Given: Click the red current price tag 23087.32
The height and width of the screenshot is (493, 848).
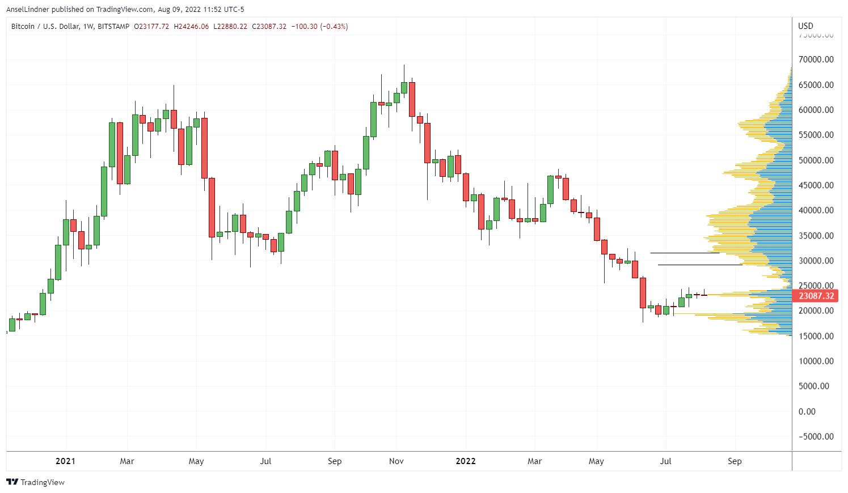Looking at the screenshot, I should (816, 296).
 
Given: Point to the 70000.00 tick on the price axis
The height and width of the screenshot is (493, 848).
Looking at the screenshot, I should (816, 59).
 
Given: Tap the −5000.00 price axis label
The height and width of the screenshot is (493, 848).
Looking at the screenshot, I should (816, 436).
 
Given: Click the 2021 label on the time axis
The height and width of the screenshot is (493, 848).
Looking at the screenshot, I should (65, 461).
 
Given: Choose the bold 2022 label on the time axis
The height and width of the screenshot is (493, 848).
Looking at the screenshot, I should (466, 461).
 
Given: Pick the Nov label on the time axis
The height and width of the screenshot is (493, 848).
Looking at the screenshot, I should (396, 461).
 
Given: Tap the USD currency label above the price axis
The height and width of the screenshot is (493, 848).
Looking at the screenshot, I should (805, 25).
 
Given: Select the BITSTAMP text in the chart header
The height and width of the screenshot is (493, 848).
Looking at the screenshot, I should (113, 27).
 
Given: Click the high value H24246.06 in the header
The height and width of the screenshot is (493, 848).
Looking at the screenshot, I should (191, 27).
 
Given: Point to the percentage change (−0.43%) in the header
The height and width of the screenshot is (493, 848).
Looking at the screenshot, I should (335, 27).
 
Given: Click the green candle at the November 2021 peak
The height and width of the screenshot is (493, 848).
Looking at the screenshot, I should (404, 87).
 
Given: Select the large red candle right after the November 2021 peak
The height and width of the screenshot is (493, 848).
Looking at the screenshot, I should (412, 99).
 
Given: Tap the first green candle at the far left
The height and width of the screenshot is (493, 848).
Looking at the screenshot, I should (12, 325).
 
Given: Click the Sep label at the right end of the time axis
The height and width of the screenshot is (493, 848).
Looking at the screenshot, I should (735, 461).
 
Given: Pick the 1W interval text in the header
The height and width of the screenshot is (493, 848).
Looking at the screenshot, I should (88, 27).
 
